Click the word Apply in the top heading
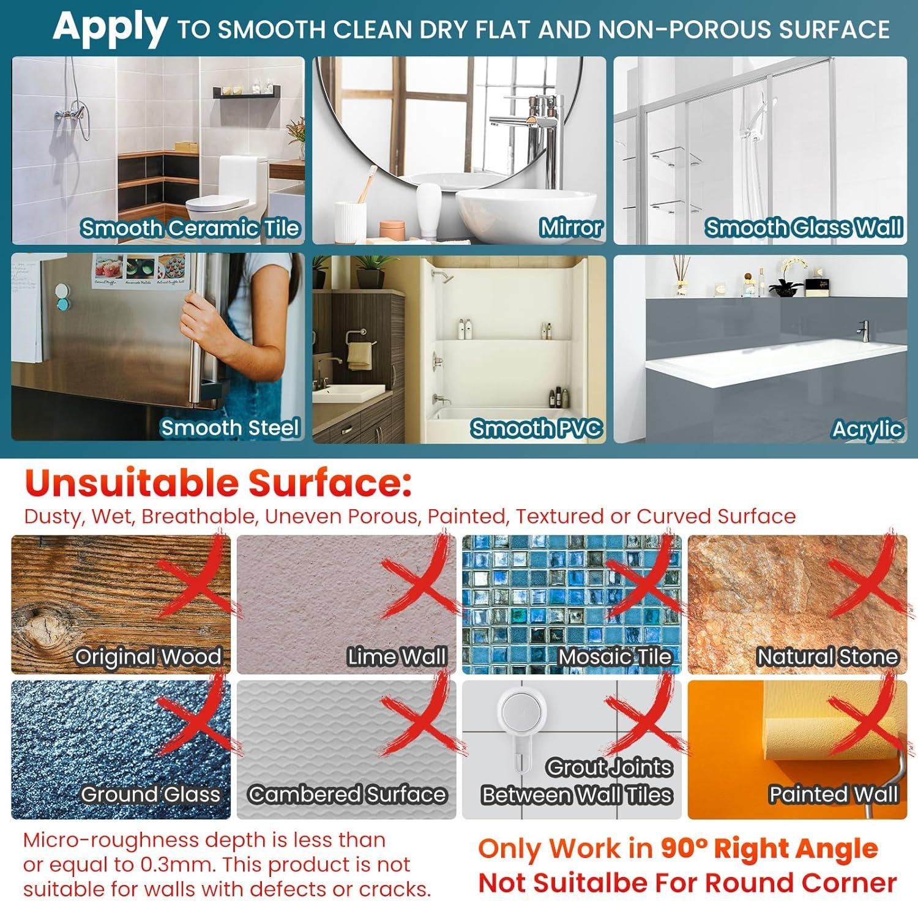coord(110,29)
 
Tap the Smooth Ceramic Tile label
coord(190,228)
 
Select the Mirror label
coord(571,228)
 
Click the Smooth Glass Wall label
coord(804,228)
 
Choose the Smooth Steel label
coord(230,428)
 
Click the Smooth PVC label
coord(536,428)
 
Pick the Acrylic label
coord(867,429)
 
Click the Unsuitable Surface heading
coord(218,483)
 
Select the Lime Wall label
coord(397,657)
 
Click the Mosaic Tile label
coord(614,657)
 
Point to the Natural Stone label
coord(827,657)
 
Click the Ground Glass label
coord(150,794)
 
